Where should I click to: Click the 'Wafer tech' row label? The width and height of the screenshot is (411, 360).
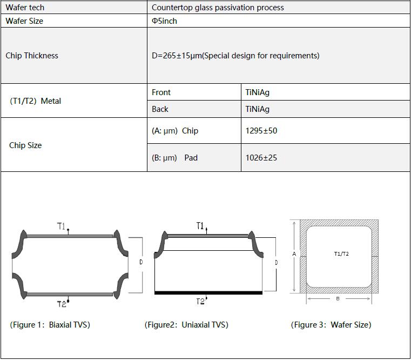[25, 8]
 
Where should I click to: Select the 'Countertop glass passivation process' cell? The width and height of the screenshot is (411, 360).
[218, 8]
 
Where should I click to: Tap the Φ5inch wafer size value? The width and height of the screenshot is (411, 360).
[165, 21]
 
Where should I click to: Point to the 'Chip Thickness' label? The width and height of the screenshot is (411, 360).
[32, 56]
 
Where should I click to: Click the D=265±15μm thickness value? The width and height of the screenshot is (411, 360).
[235, 56]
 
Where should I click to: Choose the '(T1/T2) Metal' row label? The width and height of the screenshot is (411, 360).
[36, 101]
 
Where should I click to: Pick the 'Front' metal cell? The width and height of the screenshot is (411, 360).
[161, 92]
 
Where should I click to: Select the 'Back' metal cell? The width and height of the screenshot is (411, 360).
[160, 109]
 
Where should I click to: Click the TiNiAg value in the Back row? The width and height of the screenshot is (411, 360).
[257, 109]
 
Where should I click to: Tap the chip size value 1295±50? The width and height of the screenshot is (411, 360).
[261, 131]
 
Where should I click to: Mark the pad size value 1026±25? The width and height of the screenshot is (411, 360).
[261, 158]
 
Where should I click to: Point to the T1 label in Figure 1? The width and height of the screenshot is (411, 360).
[62, 226]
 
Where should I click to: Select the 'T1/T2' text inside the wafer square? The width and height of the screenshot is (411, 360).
[341, 254]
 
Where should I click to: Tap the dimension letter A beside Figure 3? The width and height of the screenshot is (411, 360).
[294, 254]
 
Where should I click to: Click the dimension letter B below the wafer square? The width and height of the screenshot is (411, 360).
[338, 299]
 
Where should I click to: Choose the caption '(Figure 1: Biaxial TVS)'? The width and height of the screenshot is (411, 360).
[50, 325]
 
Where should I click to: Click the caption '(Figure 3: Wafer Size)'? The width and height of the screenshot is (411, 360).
[331, 325]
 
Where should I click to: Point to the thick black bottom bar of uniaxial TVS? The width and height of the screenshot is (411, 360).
[208, 292]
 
